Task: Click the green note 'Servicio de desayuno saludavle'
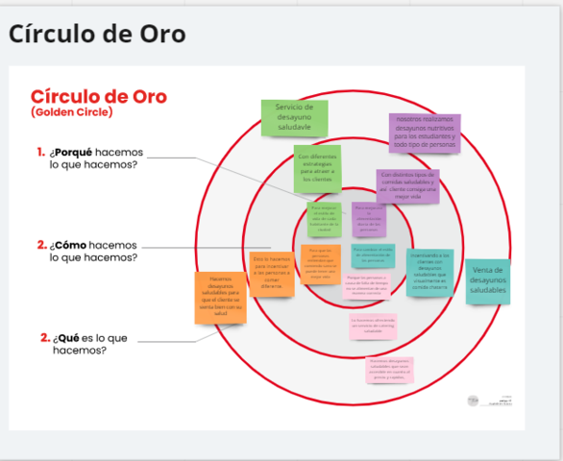(294, 117)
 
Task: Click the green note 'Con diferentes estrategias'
(316, 167)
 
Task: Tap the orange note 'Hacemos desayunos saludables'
(220, 296)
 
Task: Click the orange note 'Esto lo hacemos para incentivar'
(272, 273)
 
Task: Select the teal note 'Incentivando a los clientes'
(428, 272)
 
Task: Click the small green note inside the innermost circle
(323, 219)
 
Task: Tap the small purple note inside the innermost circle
(368, 220)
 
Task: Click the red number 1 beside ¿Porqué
(40, 152)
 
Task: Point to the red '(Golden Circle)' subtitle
(71, 112)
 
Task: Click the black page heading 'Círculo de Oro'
(97, 34)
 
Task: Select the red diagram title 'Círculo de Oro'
(98, 96)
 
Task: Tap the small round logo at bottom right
(473, 400)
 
